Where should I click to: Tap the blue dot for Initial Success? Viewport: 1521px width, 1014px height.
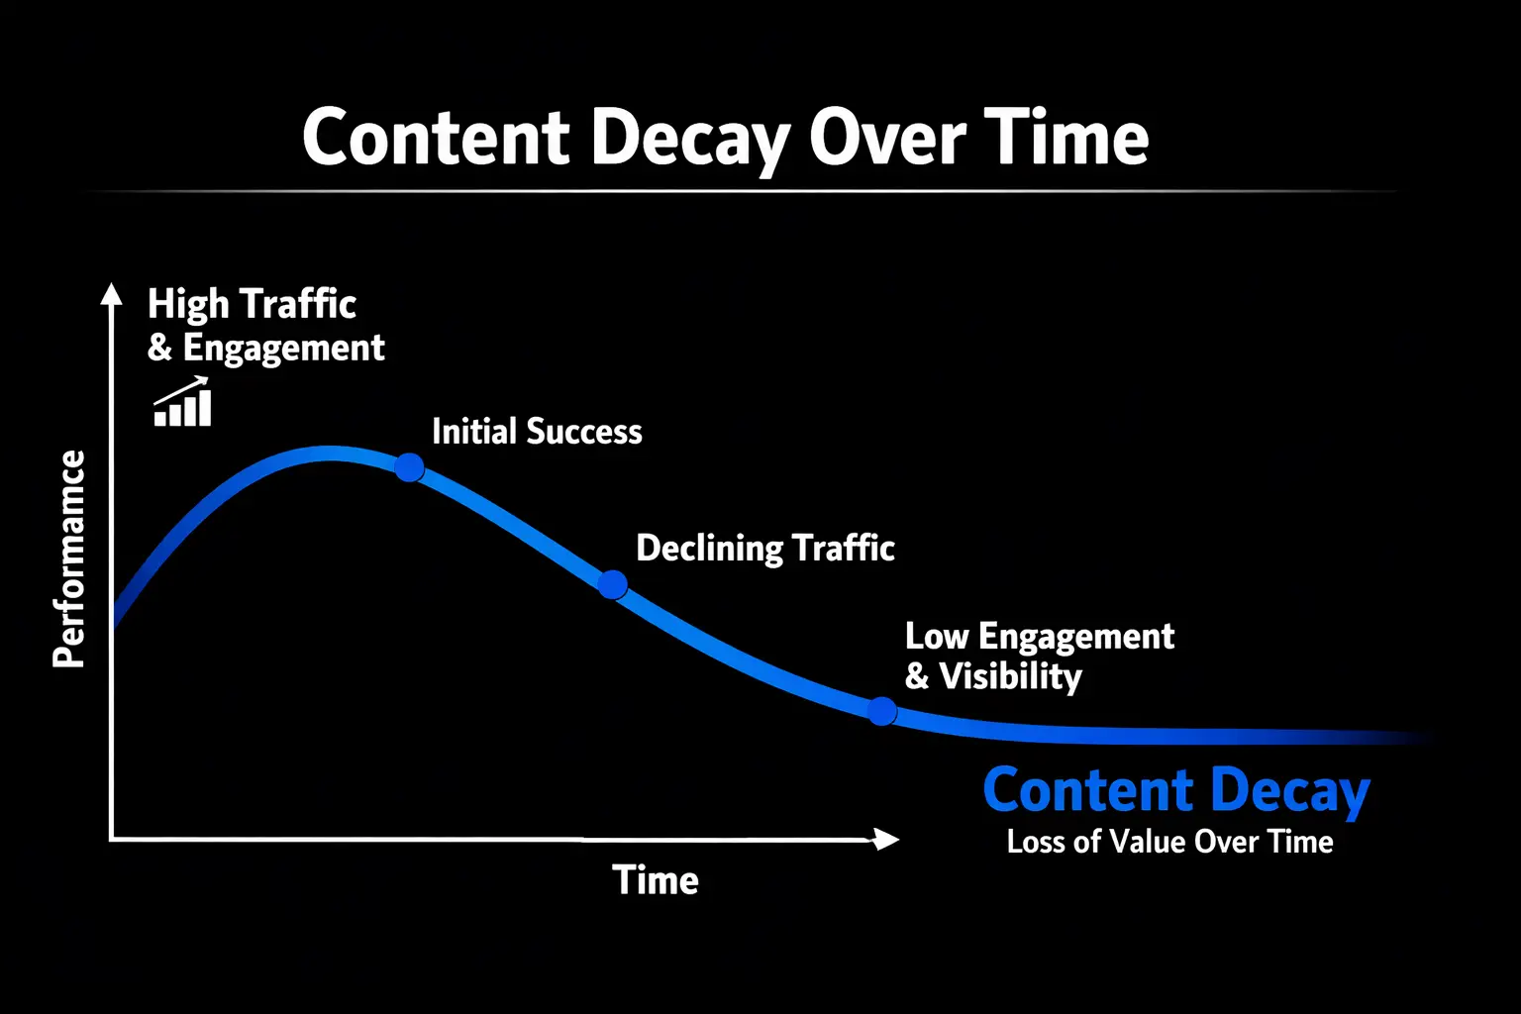coord(409,467)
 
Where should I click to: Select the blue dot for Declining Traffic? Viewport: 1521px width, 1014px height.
coord(613,585)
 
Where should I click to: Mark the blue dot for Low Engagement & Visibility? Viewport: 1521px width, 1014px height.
coord(881,711)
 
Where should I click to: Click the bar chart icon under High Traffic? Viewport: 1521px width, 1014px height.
coord(183,403)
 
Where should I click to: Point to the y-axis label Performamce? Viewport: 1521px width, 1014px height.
coord(69,558)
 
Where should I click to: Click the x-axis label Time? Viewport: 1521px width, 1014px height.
coord(656,880)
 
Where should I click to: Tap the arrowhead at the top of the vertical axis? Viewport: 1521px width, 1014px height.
coord(112,294)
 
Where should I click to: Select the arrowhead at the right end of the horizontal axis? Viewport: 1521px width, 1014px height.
coord(886,840)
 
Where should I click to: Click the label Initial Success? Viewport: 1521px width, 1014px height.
coord(537,432)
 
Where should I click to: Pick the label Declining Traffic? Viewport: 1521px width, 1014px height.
coord(764,548)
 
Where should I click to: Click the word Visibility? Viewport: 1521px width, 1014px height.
coord(1010,676)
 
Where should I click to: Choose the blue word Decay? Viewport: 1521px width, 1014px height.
coord(1289,792)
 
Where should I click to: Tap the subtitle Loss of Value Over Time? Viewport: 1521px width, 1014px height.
coord(1169,842)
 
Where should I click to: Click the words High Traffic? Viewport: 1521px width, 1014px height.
coord(252,304)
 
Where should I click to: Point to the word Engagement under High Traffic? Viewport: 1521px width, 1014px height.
coord(284,349)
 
